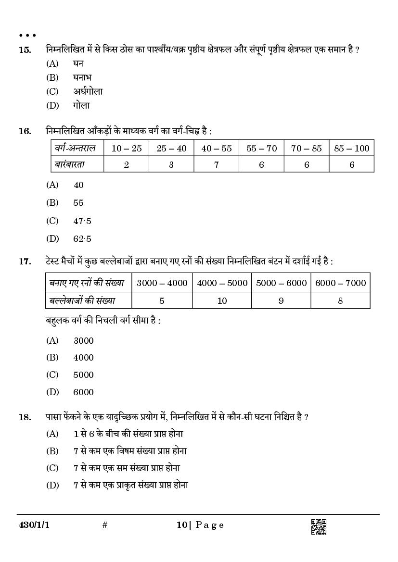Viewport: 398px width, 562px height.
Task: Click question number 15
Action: click(25, 50)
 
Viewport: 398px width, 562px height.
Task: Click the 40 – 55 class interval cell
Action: click(216, 149)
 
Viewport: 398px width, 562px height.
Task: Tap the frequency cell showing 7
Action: click(216, 164)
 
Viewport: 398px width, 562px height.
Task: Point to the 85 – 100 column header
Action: click(351, 149)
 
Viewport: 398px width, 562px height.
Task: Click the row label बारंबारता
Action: click(69, 164)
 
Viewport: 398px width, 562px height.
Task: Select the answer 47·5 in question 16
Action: click(82, 221)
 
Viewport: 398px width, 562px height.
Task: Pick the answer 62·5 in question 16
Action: click(82, 238)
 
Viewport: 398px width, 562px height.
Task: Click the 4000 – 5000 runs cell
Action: click(222, 283)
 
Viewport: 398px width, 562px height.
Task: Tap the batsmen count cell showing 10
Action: click(222, 300)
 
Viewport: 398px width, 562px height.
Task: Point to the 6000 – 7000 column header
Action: click(340, 283)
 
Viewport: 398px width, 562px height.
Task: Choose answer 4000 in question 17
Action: click(83, 358)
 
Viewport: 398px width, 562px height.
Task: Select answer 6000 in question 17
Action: click(83, 392)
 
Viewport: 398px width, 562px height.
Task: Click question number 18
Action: click(25, 417)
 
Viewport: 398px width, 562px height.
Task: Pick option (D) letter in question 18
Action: click(52, 485)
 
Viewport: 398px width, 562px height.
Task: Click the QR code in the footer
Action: click(319, 526)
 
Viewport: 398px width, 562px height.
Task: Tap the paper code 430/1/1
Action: click(33, 525)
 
